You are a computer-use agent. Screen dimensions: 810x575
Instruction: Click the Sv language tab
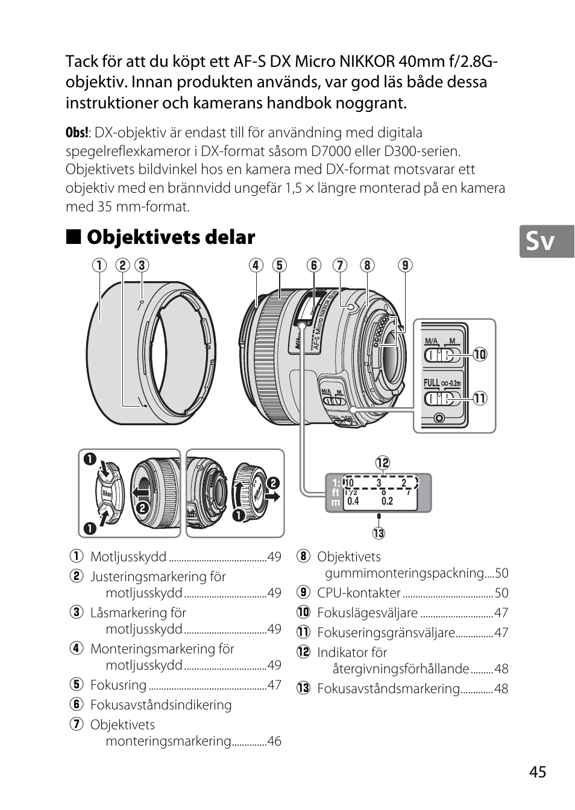541,241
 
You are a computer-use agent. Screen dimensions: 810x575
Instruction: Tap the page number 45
538,772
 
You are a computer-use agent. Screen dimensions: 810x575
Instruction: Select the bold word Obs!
77,133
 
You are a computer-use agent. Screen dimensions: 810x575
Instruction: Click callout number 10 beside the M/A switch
480,354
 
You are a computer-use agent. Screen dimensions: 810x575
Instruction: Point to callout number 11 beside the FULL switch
480,398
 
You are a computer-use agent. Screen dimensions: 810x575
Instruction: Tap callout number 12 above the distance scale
383,463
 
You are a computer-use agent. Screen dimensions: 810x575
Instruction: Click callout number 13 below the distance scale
379,533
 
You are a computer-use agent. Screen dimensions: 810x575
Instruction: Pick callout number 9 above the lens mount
405,265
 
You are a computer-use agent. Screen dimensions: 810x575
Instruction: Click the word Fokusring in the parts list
118,685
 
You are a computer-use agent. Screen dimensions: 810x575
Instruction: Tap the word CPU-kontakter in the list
359,593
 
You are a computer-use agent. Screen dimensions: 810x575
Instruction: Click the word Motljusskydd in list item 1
128,556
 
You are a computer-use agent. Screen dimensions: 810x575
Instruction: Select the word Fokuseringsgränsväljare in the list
386,632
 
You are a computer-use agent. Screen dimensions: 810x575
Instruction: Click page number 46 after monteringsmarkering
274,741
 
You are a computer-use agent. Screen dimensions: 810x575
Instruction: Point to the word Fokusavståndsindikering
160,705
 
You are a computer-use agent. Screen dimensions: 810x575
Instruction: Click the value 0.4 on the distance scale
353,501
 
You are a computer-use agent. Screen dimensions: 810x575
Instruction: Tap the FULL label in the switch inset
432,382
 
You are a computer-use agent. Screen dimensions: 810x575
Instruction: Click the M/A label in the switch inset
432,341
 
